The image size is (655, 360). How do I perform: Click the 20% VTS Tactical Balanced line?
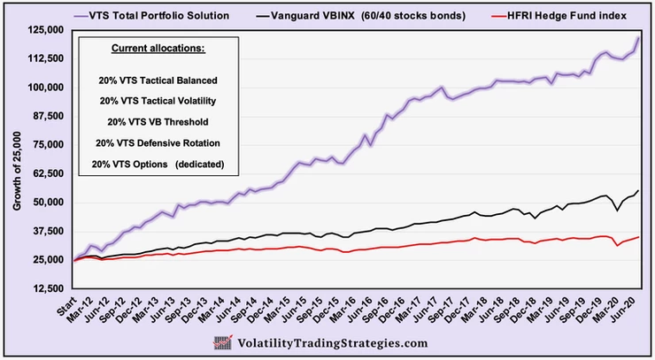coord(159,80)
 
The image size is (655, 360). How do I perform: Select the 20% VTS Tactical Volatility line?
coord(159,100)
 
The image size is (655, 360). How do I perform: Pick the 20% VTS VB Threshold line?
coord(159,121)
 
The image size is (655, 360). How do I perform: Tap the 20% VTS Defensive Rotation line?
coord(159,142)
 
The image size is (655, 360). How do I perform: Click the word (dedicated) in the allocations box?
coord(201,163)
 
